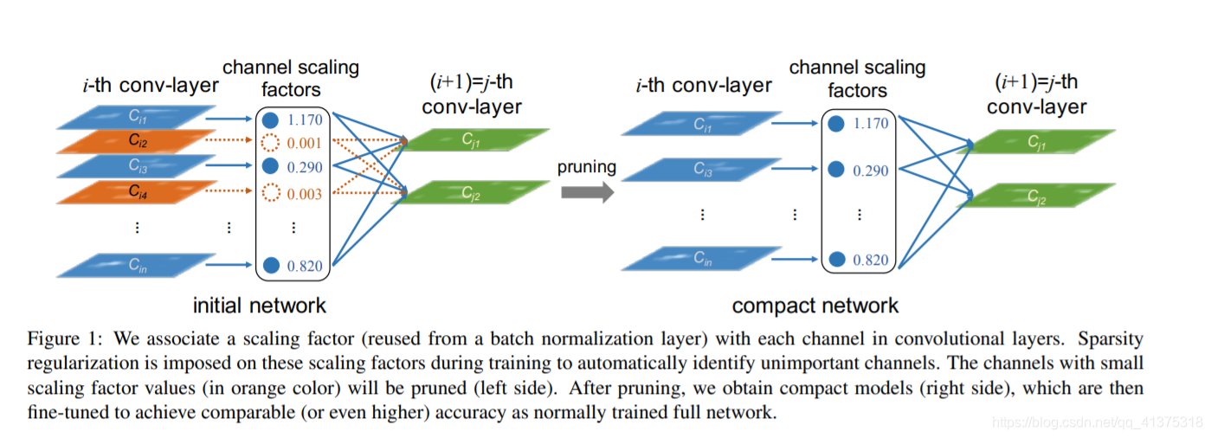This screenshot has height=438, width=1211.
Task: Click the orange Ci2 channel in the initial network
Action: [x=136, y=142]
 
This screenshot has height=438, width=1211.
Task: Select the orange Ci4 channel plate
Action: [x=136, y=192]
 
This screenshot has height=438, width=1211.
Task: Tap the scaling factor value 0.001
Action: [x=304, y=144]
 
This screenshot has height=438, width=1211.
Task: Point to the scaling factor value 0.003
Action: [x=304, y=194]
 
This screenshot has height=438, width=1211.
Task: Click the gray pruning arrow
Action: [x=588, y=192]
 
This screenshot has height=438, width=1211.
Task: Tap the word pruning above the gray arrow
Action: [x=587, y=167]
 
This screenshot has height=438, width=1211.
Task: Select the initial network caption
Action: [x=260, y=306]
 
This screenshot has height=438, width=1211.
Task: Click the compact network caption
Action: [x=815, y=306]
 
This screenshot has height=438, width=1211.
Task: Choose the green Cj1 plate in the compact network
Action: [x=1036, y=142]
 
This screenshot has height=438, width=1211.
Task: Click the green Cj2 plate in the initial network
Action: [x=470, y=192]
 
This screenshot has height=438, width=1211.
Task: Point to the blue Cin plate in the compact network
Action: [x=702, y=259]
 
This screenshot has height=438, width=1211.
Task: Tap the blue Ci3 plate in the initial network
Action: [x=136, y=166]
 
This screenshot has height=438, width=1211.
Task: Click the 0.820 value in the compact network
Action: [x=871, y=260]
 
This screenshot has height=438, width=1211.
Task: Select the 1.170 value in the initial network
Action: [x=305, y=119]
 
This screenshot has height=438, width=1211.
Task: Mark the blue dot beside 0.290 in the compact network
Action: [x=836, y=170]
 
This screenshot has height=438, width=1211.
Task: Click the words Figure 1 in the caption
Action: [x=64, y=339]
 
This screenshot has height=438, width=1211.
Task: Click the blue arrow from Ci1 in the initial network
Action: [x=229, y=119]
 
